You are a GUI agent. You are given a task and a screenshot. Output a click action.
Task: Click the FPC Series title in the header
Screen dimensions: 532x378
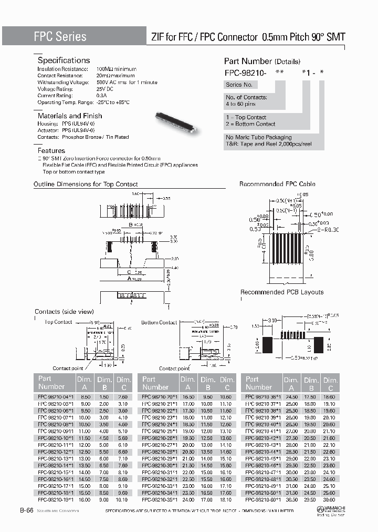coord(60,36)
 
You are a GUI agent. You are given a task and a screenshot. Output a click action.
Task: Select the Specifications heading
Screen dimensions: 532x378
coord(64,60)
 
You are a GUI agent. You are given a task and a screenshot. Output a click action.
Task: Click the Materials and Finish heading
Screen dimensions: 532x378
coord(70,116)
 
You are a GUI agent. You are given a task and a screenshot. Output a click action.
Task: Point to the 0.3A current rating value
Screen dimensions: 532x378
coord(102,96)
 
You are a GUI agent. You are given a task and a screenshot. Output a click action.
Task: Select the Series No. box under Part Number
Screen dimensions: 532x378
coord(239,85)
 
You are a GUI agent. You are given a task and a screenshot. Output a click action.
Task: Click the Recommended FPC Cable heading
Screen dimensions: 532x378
coord(277,184)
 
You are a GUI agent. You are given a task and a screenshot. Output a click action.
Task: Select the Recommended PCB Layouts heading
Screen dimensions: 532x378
coord(282,292)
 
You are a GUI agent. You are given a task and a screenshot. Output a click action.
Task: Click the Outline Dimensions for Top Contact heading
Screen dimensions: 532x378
coord(86,184)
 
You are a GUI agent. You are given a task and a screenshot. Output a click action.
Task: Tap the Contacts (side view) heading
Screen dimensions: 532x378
coord(64,312)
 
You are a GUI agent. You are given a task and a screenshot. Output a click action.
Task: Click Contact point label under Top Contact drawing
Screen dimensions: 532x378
coord(68,369)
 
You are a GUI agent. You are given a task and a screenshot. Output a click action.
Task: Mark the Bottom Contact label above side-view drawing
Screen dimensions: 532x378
coord(159,322)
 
